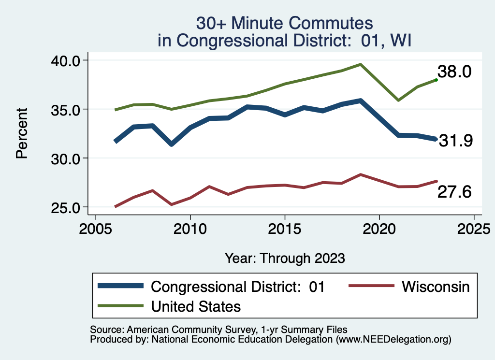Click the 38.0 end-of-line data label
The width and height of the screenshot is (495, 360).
(x=454, y=72)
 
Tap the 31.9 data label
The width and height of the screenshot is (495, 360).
(x=455, y=141)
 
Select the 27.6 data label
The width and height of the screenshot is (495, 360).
(x=454, y=192)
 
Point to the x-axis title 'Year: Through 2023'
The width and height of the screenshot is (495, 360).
(x=285, y=258)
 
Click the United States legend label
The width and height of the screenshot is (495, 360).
(x=196, y=306)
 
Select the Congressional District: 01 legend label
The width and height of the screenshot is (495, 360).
(x=237, y=287)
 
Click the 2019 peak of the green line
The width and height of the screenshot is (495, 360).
(x=360, y=64)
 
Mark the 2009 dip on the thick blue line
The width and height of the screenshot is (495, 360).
(x=171, y=144)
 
